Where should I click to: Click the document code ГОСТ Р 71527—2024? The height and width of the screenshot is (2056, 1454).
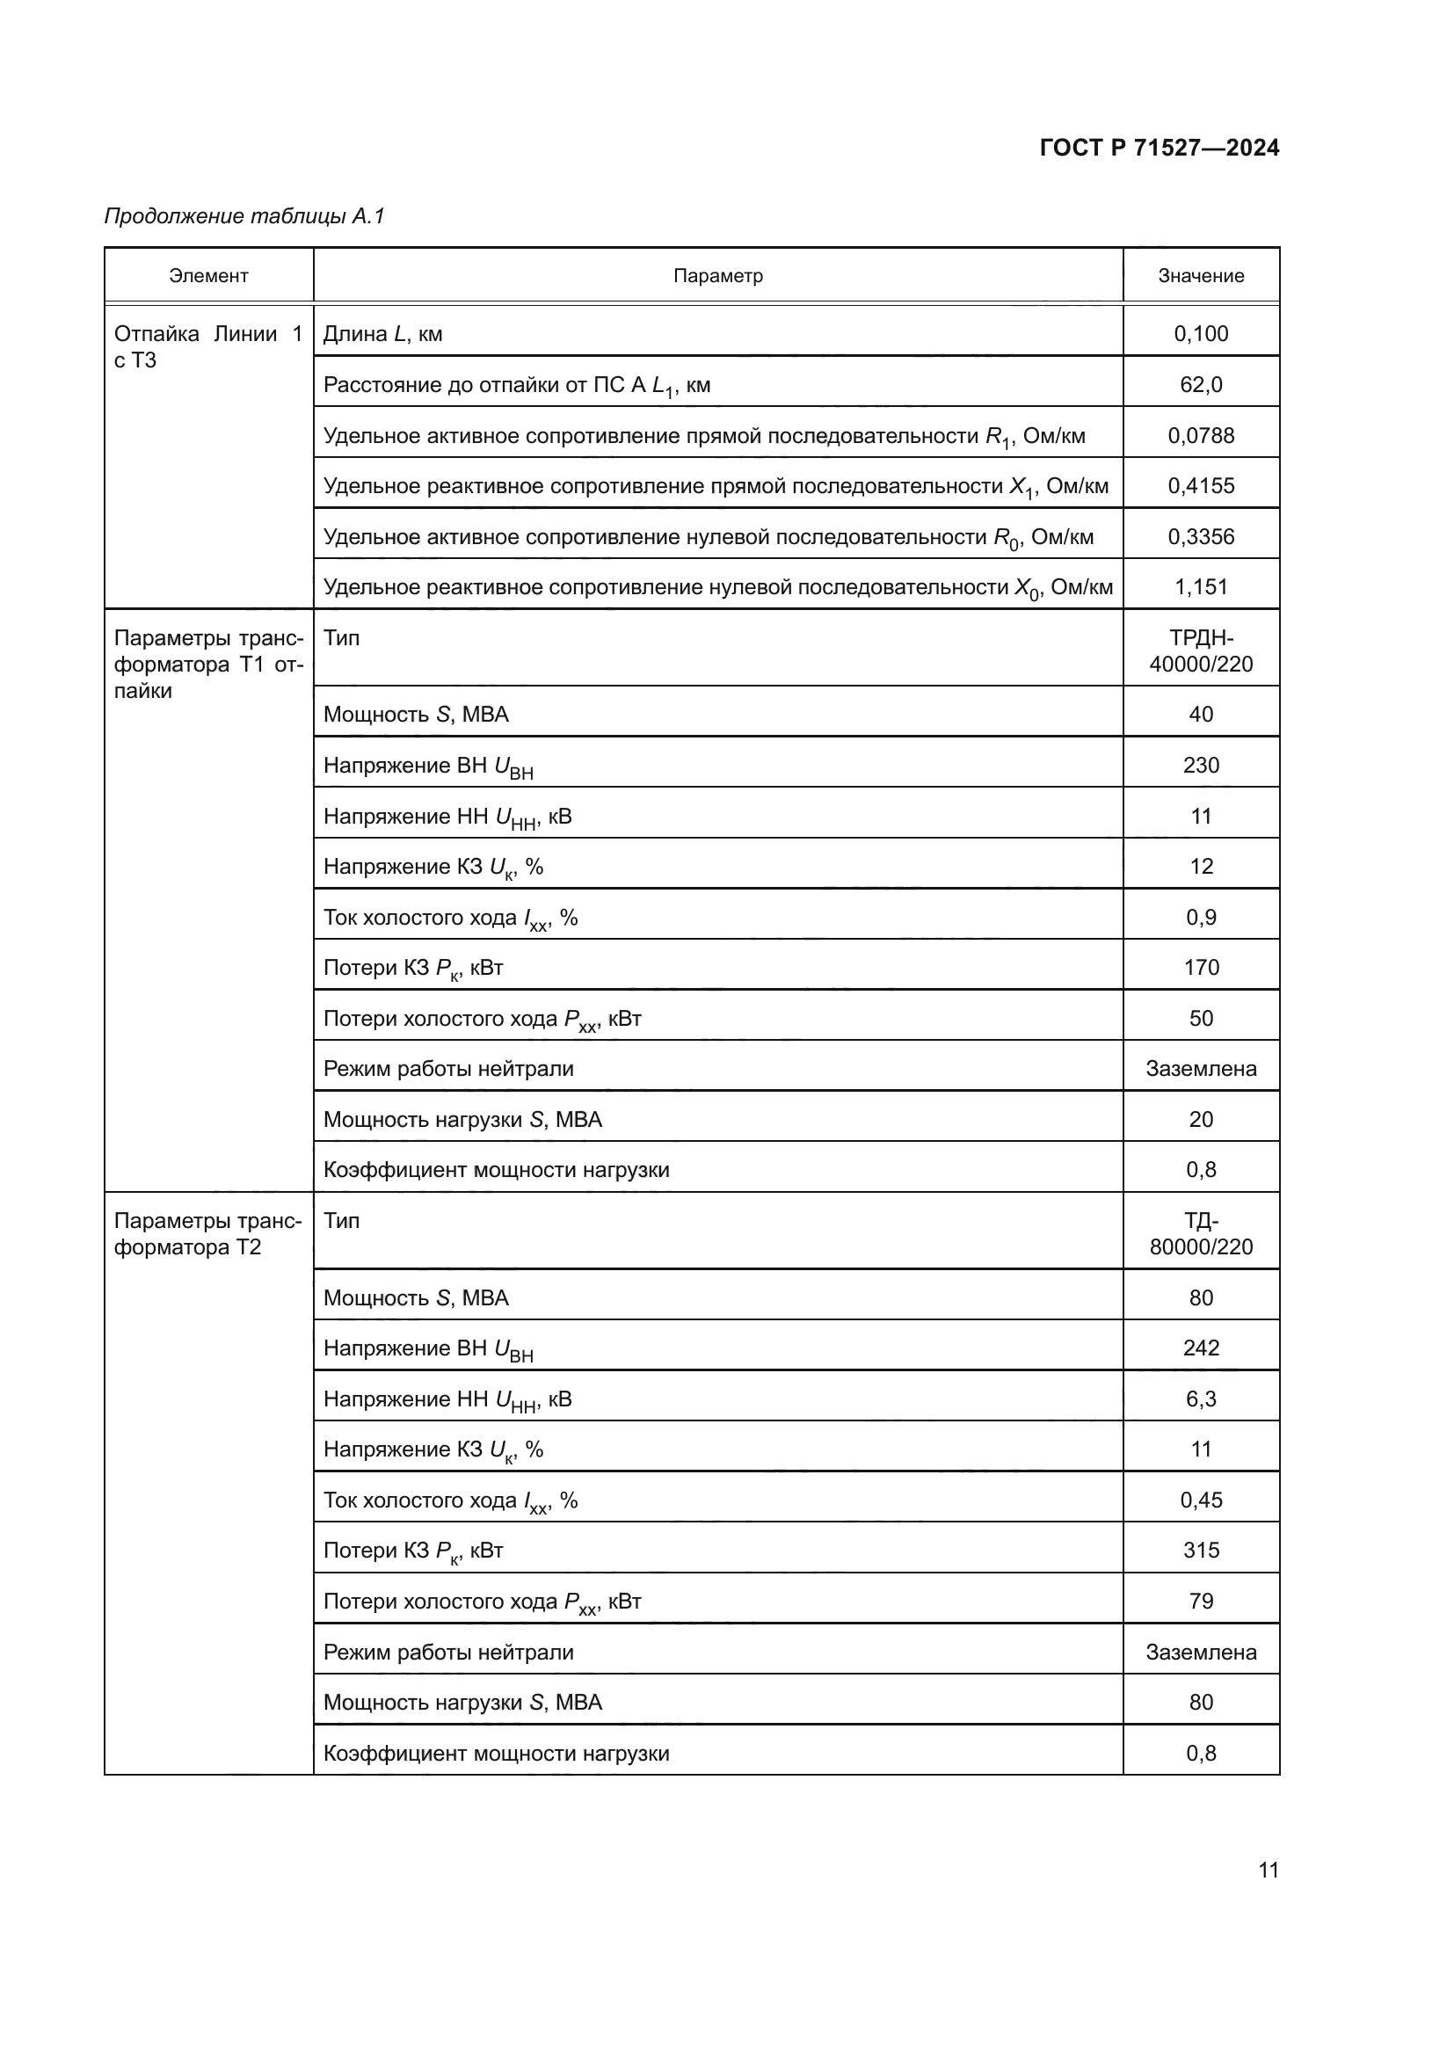[x=1159, y=148]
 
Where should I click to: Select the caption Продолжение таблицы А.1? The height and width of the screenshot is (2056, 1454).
[x=244, y=216]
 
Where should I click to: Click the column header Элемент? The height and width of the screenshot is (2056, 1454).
[x=208, y=276]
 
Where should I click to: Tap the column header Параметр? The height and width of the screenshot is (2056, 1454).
[x=718, y=276]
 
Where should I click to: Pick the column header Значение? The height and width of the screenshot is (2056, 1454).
[x=1201, y=276]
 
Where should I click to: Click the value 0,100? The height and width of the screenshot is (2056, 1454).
[x=1201, y=334]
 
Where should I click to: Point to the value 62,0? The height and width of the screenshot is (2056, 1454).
[x=1201, y=385]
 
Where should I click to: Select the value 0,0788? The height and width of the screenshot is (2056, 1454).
[x=1201, y=436]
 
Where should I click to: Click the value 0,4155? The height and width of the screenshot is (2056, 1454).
[x=1201, y=486]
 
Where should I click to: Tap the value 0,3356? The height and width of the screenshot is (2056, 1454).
[x=1201, y=537]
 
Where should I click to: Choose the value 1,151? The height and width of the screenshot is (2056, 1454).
[x=1201, y=587]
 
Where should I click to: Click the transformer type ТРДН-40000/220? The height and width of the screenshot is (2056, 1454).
[x=1201, y=651]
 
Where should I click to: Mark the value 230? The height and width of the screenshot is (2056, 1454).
[x=1201, y=766]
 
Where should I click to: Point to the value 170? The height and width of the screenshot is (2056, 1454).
[x=1201, y=968]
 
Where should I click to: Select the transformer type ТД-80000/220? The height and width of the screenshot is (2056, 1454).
[x=1201, y=1234]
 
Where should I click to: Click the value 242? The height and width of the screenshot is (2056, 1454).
[x=1201, y=1348]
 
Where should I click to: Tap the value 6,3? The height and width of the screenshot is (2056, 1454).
[x=1201, y=1399]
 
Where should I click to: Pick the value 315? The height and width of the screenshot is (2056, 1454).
[x=1201, y=1551]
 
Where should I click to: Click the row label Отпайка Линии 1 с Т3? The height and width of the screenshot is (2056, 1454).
[x=207, y=346]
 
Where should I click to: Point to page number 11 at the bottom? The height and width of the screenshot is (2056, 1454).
[x=1268, y=1871]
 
